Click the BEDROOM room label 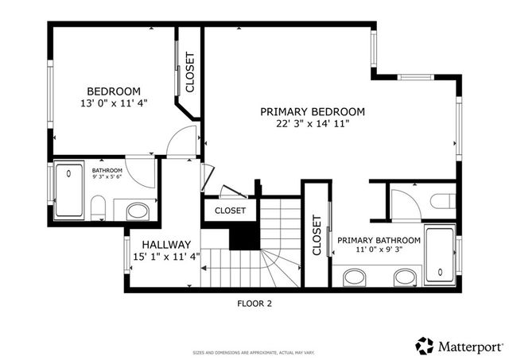(x=114, y=91)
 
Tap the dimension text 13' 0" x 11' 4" (x=114, y=103)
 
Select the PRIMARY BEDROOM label (x=313, y=112)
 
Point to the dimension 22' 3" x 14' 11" (x=313, y=124)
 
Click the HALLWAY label (x=166, y=244)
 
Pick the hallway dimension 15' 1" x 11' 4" (x=166, y=256)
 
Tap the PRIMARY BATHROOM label (x=379, y=240)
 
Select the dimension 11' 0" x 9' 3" (x=379, y=250)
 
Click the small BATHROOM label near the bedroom (x=107, y=171)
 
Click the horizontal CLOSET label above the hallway (x=230, y=211)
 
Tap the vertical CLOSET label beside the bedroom (x=189, y=72)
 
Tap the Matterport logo (x=458, y=346)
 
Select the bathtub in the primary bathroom (x=441, y=254)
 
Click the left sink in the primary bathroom (x=356, y=278)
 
